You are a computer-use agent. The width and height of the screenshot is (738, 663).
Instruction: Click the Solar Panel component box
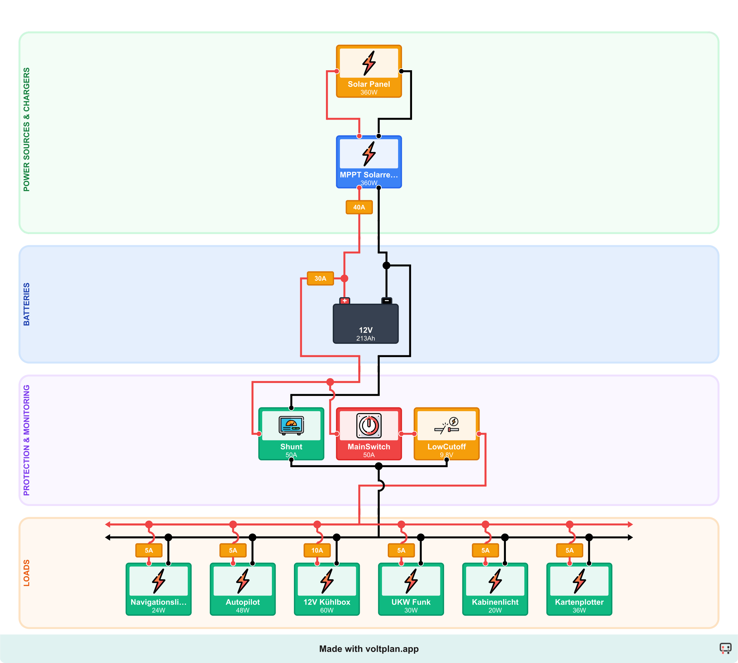[x=369, y=71]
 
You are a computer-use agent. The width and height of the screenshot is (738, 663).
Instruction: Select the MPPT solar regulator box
[x=369, y=162]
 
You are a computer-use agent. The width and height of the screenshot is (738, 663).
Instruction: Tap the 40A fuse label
[x=359, y=207]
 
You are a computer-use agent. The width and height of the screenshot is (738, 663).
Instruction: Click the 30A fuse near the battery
[x=320, y=278]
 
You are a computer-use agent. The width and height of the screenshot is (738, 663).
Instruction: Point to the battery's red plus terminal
[x=344, y=301]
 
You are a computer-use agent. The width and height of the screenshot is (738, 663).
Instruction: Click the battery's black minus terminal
[x=387, y=301]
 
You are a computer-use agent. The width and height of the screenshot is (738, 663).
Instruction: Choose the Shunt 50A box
[x=291, y=434]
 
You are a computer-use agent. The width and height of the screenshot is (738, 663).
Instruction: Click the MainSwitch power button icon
[x=369, y=425]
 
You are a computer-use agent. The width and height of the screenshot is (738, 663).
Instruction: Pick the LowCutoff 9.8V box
[x=446, y=434]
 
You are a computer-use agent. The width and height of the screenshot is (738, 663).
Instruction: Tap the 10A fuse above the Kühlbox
[x=317, y=550]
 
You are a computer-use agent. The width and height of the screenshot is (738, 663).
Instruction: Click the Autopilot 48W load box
[x=242, y=589]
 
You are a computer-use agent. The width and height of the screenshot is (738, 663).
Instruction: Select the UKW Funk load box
[x=411, y=589]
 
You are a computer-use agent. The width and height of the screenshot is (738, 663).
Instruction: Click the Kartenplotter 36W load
[x=579, y=589]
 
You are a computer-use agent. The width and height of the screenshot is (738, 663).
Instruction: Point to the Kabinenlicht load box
[x=495, y=589]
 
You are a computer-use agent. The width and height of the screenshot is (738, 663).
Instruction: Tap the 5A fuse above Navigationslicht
[x=149, y=550]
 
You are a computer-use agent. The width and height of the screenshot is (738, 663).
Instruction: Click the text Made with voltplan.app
[x=369, y=649]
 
